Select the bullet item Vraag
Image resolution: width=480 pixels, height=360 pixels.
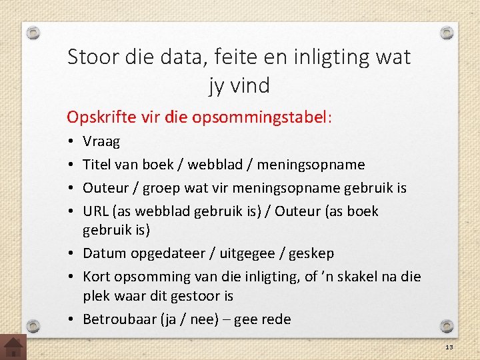pos(101,142)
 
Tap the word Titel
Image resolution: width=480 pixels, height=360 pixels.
pos(97,165)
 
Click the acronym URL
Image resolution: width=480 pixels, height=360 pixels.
pos(95,211)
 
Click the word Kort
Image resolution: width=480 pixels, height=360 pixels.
pos(97,276)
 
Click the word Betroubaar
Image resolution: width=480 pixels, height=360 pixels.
pos(119,319)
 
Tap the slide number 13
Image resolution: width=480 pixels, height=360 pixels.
pos(449,347)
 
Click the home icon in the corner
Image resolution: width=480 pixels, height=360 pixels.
pos(13,347)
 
